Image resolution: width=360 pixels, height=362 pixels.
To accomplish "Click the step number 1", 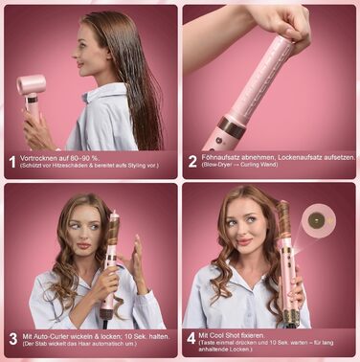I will (x=11, y=161).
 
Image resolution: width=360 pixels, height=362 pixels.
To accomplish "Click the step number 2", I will (x=192, y=161).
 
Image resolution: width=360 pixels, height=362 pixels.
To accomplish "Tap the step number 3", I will (x=12, y=337).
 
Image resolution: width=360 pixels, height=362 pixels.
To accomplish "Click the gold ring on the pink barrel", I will (x=235, y=130).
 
